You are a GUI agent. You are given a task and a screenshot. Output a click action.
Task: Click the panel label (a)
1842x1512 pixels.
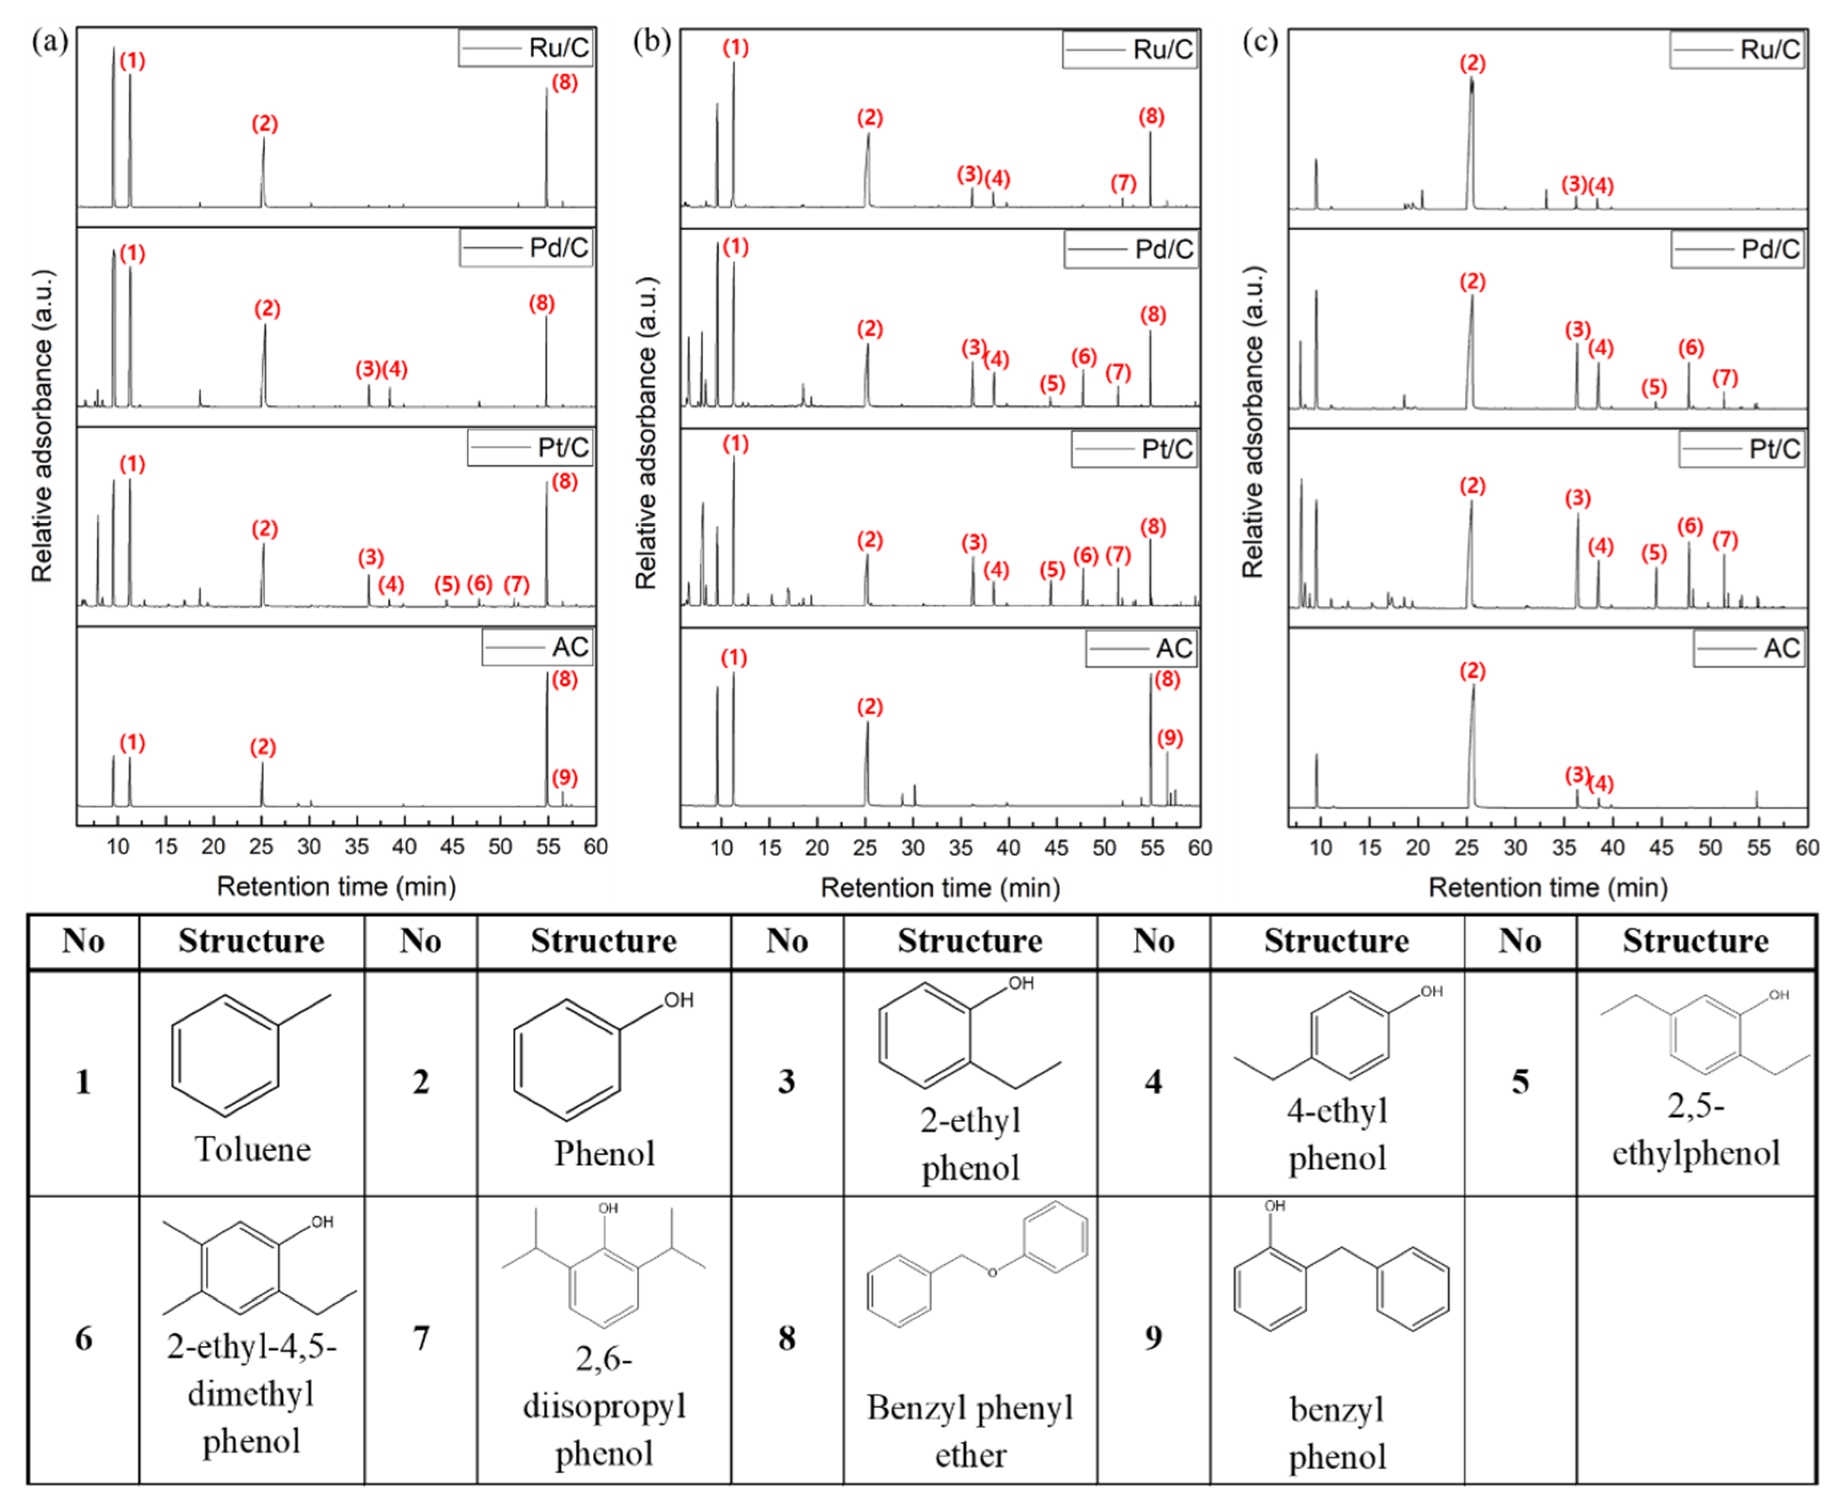click(50, 41)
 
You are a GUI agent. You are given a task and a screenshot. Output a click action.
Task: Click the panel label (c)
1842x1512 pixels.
click(1260, 41)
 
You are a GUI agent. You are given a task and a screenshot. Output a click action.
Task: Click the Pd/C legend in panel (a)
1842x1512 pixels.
click(527, 248)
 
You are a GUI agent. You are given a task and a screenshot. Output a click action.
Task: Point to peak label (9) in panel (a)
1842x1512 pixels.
click(565, 777)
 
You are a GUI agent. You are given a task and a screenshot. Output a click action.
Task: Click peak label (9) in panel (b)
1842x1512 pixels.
click(1169, 739)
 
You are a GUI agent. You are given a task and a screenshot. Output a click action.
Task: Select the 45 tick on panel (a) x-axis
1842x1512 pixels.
click(451, 847)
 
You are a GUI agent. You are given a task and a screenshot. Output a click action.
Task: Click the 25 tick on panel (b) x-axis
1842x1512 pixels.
click(864, 848)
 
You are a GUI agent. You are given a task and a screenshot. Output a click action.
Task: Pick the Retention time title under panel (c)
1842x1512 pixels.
click(1548, 888)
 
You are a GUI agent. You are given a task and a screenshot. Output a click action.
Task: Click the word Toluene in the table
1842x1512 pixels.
click(253, 1150)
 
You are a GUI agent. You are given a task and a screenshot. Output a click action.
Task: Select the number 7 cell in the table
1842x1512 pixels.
click(421, 1338)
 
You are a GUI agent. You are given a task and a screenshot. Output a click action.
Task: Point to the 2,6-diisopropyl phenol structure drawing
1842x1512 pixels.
click(604, 1263)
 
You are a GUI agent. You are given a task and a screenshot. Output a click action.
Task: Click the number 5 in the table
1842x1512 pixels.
click(1520, 1082)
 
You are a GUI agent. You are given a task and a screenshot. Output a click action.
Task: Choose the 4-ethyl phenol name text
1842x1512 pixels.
click(1337, 1135)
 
